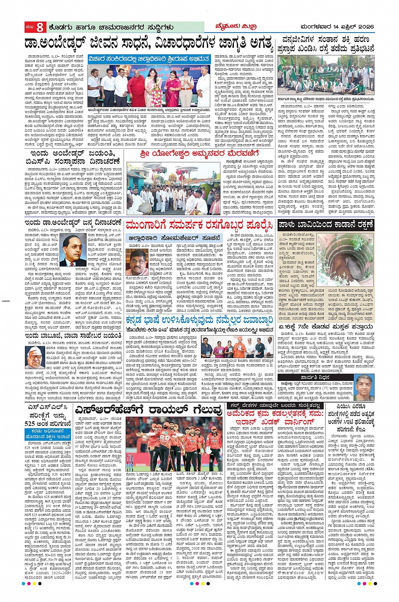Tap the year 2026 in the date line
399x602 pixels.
(366, 27)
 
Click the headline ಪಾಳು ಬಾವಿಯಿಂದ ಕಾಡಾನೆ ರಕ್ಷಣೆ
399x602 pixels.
(325, 224)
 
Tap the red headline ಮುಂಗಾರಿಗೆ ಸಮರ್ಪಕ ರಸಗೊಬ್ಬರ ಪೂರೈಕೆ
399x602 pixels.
(199, 224)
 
